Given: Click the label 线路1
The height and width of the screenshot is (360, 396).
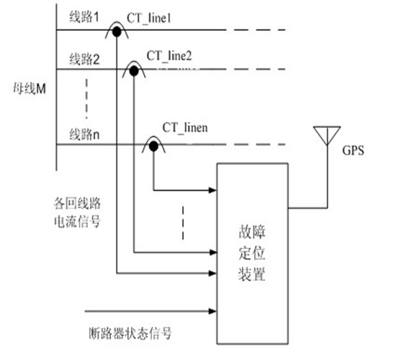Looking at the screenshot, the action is coord(84,17).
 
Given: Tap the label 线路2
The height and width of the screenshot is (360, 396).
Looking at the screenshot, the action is coord(85,60).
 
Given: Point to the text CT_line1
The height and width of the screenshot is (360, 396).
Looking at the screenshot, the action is coord(149,19).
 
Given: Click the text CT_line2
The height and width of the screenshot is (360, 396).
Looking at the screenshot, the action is coord(169,56).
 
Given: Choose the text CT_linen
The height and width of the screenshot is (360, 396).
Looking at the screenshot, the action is coord(185,127).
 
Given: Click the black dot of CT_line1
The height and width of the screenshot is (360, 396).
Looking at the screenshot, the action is coord(117,32).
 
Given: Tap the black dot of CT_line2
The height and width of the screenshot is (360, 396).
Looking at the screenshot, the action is coord(134,71).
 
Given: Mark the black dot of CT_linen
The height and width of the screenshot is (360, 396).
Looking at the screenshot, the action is coord(153,146).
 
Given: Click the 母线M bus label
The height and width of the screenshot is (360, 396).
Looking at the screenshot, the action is coord(30,89).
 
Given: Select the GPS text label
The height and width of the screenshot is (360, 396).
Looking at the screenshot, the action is coord(353,150).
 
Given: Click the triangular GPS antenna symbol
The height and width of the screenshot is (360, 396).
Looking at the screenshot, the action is coord(327,135).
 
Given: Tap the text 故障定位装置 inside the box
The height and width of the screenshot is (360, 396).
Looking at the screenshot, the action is coord(252,253).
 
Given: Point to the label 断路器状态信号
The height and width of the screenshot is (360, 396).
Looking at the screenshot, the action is coord(130,333).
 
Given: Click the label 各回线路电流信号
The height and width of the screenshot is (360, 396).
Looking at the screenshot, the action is coord(77,212).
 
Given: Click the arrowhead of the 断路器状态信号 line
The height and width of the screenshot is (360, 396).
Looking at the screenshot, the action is coord(213,311).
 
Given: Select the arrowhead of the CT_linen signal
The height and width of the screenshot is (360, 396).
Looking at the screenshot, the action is coord(213,190).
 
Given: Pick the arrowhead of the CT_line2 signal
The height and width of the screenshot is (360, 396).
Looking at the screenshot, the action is coord(213,252).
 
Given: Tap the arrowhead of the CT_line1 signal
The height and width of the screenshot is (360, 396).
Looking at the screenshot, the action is coord(213,273).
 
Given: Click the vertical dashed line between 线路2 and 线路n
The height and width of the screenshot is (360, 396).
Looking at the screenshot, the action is coord(86,99).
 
